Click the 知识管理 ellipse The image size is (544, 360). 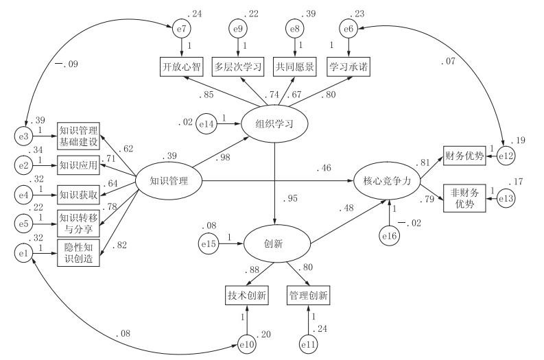click(x=169, y=180)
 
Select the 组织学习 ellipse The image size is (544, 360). click(x=275, y=123)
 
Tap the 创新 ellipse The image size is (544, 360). click(x=275, y=242)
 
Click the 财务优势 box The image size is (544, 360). click(x=464, y=156)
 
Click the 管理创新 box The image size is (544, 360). click(x=308, y=296)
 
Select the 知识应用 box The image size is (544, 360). click(x=79, y=165)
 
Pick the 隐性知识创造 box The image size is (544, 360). click(x=79, y=252)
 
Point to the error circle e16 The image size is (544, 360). click(x=390, y=235)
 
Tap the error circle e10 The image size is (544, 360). click(x=247, y=344)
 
